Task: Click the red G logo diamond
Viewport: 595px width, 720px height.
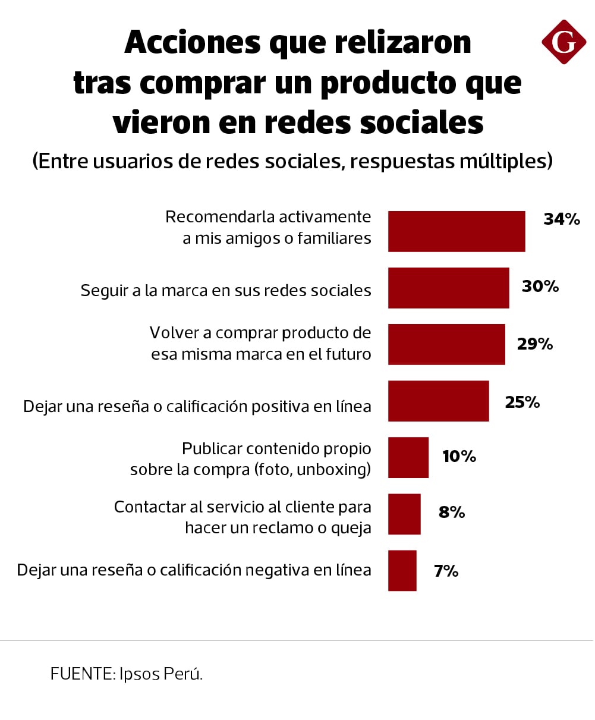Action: point(563,42)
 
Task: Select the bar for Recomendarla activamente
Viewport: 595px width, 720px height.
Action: point(457,231)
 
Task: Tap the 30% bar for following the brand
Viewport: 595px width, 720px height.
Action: point(448,288)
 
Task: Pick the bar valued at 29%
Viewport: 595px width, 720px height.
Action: point(446,344)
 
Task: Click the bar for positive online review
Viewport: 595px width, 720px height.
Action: point(438,401)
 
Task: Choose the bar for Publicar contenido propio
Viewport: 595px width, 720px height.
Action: point(408,457)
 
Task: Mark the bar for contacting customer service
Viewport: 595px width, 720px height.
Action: point(404,514)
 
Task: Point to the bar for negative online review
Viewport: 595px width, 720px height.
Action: point(402,570)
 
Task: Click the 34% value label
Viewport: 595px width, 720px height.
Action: point(561,219)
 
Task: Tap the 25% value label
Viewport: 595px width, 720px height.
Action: point(522,403)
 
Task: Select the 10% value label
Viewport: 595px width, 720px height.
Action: point(459,457)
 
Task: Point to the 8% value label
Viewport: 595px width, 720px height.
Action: point(451,512)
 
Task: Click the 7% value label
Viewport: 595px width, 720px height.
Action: point(446,571)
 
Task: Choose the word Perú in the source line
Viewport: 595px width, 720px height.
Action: point(186,674)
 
